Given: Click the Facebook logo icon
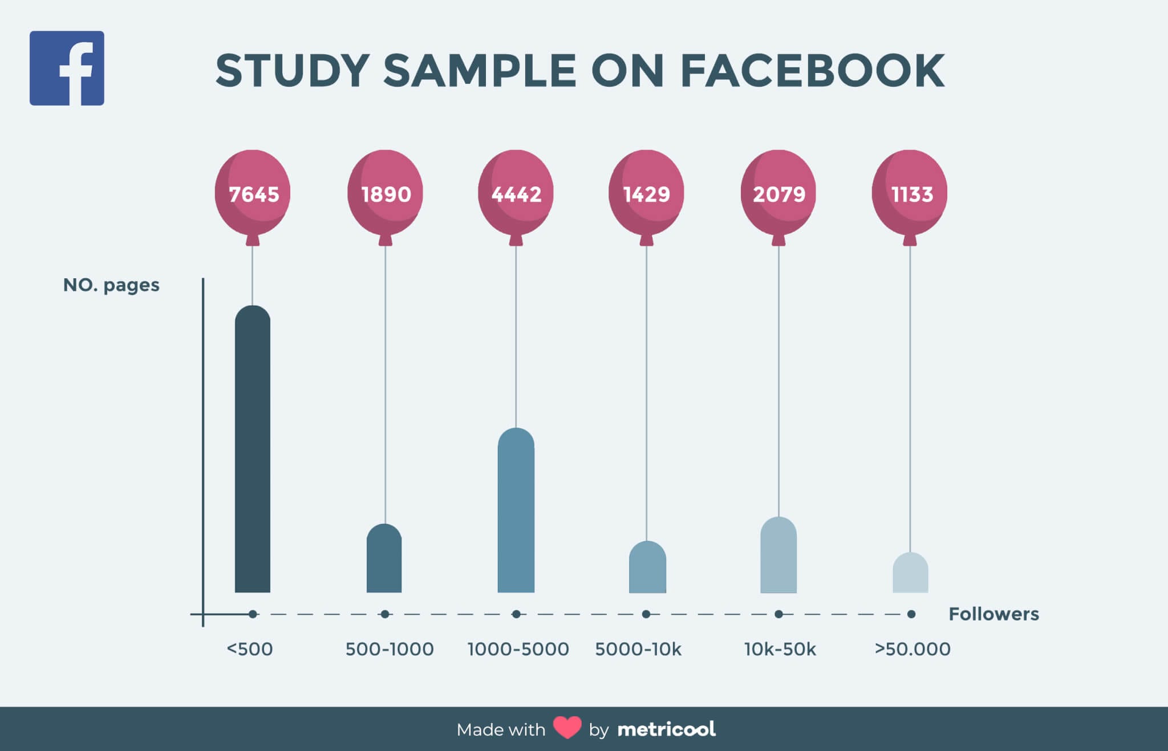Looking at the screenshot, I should (x=67, y=68).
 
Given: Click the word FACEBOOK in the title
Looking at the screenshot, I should (x=813, y=71).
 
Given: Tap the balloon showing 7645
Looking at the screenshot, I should (x=253, y=193).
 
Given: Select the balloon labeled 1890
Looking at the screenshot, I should (x=385, y=193).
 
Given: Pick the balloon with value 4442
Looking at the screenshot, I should (x=516, y=193).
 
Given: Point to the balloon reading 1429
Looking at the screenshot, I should (x=646, y=193).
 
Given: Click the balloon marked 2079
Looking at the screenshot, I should (x=778, y=193).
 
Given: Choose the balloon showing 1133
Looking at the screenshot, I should (x=910, y=193).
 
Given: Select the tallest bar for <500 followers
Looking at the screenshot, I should (x=253, y=450).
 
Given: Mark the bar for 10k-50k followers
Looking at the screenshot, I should (x=778, y=556).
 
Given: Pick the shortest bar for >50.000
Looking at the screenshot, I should (x=910, y=574).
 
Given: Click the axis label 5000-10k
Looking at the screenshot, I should (x=638, y=649).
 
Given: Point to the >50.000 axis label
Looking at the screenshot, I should (x=912, y=649).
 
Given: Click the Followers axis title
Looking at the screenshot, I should (x=993, y=614).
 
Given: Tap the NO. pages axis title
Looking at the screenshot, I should (x=111, y=285).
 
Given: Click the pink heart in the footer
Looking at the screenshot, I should (x=567, y=728).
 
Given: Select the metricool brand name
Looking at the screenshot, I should (x=666, y=729).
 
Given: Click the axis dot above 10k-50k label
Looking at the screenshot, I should (x=778, y=614).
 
